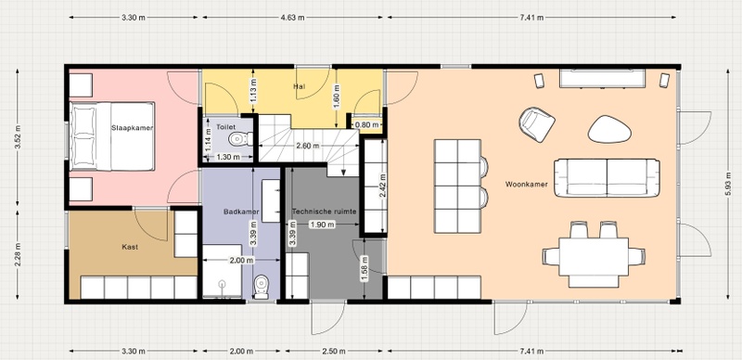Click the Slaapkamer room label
point(133,128)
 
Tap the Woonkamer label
point(526,185)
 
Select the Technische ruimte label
point(324,212)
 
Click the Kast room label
point(130,247)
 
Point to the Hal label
point(299,86)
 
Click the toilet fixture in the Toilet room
point(240,139)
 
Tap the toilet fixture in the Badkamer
point(261,287)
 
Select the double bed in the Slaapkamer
point(112,136)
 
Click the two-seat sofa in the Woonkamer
point(607,177)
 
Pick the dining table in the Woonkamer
point(594,256)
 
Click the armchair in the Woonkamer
point(537,124)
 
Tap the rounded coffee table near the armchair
point(609,129)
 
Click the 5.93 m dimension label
point(728,185)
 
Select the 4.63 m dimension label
point(290,18)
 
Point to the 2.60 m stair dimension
point(308,146)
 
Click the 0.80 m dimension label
point(366,125)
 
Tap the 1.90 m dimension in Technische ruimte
point(322,225)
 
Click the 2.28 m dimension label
point(18,254)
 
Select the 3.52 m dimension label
point(18,137)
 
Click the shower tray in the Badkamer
point(223,272)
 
